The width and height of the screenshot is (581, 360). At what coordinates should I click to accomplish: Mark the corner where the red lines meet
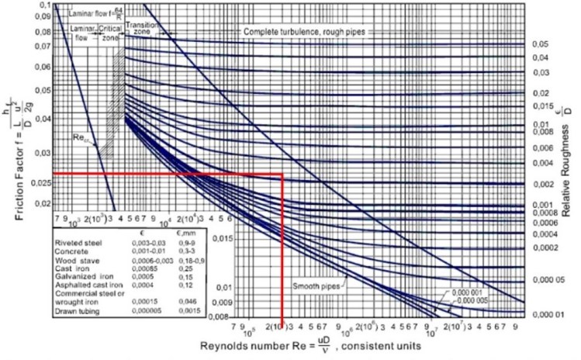[282, 175]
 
